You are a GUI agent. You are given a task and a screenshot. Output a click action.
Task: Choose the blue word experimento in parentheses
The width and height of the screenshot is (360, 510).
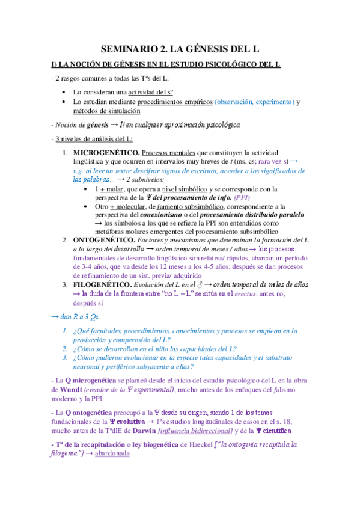point(269,102)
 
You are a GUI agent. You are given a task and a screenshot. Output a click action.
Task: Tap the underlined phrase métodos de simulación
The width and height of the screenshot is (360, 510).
point(106,111)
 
